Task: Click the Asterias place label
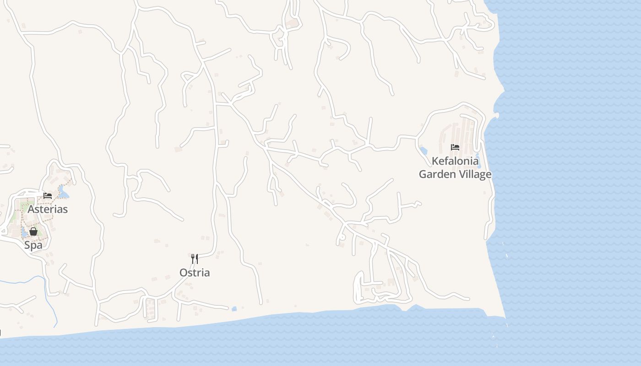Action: (48, 210)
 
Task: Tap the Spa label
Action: (33, 245)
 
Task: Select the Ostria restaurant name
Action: (195, 273)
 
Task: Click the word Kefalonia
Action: (455, 161)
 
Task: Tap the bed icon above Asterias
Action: (47, 196)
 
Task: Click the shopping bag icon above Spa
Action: (33, 231)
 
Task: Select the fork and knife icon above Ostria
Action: (195, 259)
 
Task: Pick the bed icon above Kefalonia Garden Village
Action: (455, 147)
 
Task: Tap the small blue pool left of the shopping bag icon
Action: (24, 231)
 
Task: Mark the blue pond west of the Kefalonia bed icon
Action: (423, 151)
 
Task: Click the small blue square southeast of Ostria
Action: (234, 309)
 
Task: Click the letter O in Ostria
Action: (183, 273)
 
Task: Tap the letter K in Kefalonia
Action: (435, 161)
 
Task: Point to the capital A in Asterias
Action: (31, 210)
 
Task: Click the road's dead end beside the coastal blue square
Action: (227, 308)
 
